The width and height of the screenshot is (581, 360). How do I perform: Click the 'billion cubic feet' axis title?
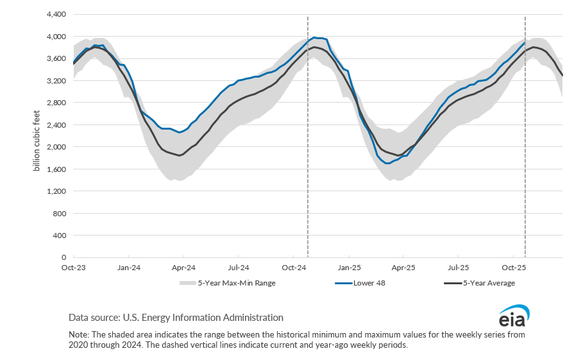click(37, 135)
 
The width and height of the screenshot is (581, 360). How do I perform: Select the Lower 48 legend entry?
click(369, 283)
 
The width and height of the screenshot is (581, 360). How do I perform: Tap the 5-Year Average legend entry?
click(488, 283)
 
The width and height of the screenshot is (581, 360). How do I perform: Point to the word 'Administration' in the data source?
click(253, 317)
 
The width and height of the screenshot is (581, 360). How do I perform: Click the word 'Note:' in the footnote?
click(80, 334)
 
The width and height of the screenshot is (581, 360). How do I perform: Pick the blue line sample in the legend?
click(342, 283)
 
